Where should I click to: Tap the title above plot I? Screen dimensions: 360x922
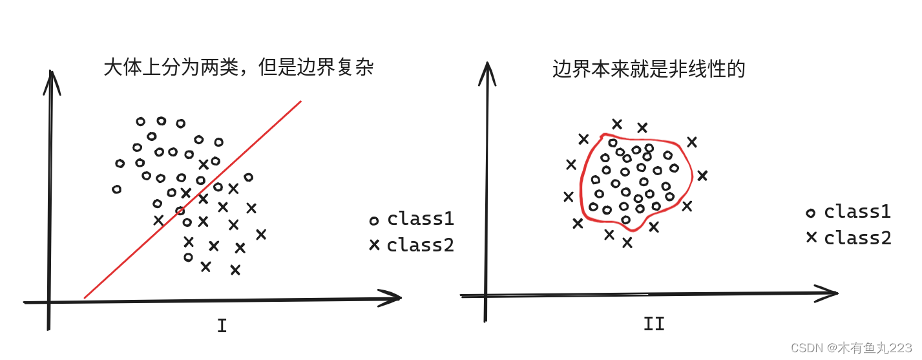point(238,68)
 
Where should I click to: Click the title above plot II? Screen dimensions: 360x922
point(649,69)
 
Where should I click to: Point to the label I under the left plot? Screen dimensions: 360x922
point(222,326)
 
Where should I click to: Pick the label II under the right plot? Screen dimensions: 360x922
point(654,323)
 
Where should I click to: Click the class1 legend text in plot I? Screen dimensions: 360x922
point(421,219)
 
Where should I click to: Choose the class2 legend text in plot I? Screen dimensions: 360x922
point(421,246)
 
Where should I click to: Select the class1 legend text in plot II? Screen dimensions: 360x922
point(857,211)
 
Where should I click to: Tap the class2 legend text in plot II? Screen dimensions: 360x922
point(857,238)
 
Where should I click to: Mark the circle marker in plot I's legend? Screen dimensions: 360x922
point(373,221)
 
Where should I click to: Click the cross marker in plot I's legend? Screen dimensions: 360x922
point(373,246)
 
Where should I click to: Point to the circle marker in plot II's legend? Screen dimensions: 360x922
point(811,213)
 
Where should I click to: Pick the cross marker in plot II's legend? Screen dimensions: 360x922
point(811,237)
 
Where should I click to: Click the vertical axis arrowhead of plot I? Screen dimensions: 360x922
point(50,80)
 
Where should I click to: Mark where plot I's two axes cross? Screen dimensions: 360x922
point(49,302)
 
